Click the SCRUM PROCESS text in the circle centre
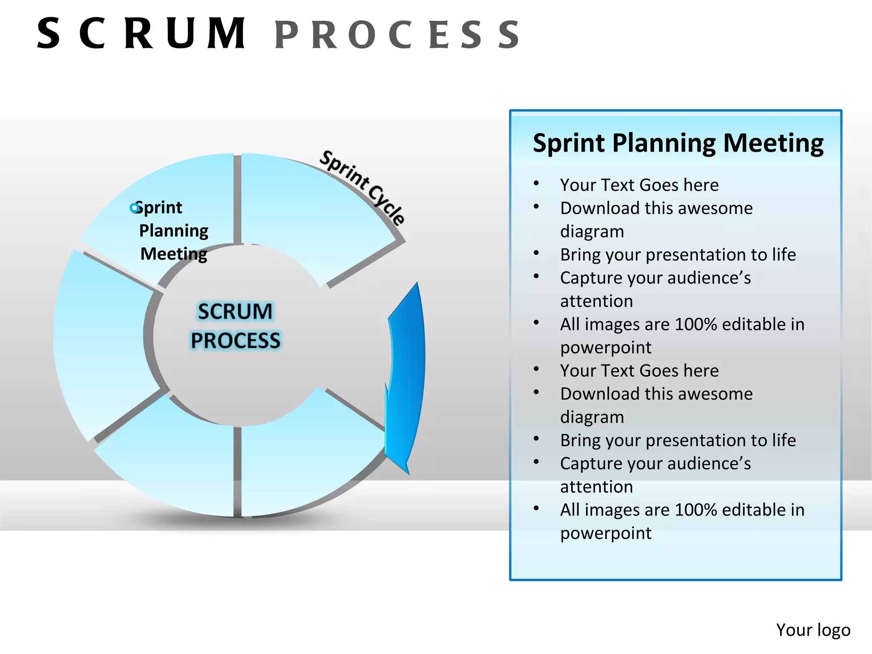pos(235,326)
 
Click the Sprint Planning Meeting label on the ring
pos(173,230)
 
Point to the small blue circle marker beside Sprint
pos(134,208)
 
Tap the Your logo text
pos(812,630)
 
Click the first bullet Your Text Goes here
pos(639,185)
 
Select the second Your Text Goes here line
pos(639,370)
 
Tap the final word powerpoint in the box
pos(605,533)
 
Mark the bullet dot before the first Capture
pos(536,277)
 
